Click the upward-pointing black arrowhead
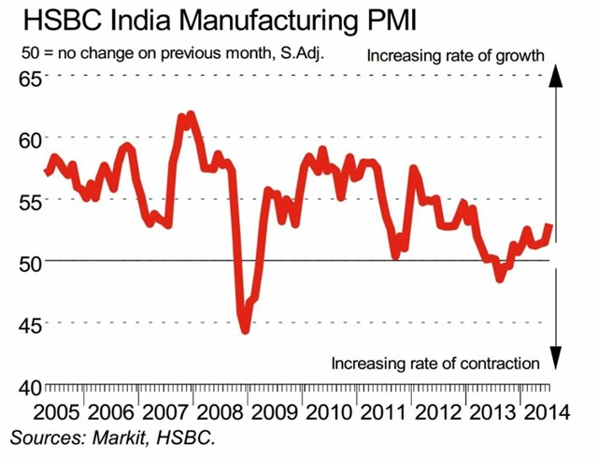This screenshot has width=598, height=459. tap(553, 79)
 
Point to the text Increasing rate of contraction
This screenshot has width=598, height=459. tap(436, 363)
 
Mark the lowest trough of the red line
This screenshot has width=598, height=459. tap(245, 329)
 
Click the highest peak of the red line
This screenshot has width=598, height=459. tap(191, 115)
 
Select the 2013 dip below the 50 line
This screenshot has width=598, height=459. tap(500, 278)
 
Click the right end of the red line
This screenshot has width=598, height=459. tap(549, 224)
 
